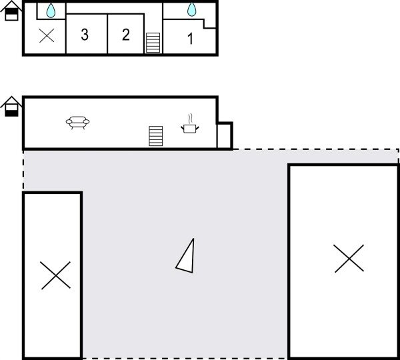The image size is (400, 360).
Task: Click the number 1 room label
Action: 190,39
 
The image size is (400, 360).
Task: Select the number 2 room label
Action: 126,35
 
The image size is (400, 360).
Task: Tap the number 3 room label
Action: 85,35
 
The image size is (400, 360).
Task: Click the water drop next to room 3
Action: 51,11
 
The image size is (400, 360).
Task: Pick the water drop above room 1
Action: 192,9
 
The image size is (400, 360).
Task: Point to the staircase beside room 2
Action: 153,43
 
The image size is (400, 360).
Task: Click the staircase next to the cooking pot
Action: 156,136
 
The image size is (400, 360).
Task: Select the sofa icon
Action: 78,123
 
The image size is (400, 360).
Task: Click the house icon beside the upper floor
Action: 11,11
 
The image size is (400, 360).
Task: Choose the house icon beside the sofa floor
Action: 11,107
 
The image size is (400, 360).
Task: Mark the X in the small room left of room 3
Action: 47,35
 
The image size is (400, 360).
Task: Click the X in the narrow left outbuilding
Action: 55,275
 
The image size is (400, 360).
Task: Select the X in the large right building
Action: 349,258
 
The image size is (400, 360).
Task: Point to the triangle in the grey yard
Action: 187,256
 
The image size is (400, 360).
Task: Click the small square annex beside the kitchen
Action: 224,136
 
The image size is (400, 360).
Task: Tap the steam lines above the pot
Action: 190,117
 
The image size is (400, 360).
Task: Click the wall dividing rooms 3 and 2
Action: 107,33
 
